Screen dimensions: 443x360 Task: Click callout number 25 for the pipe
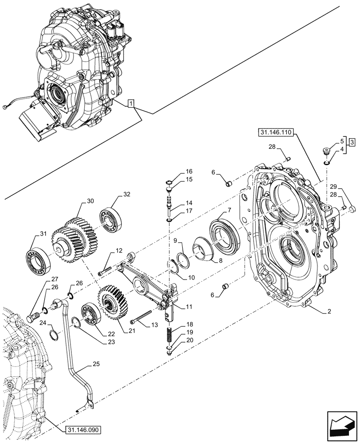96,365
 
